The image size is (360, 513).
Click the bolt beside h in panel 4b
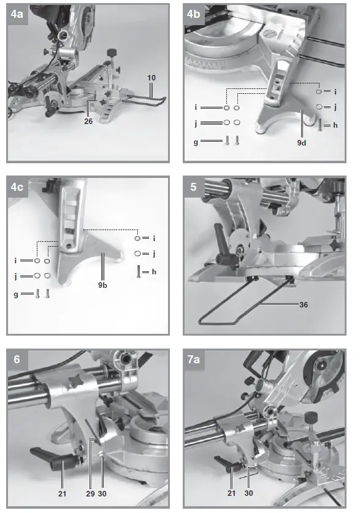pos(321,126)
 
